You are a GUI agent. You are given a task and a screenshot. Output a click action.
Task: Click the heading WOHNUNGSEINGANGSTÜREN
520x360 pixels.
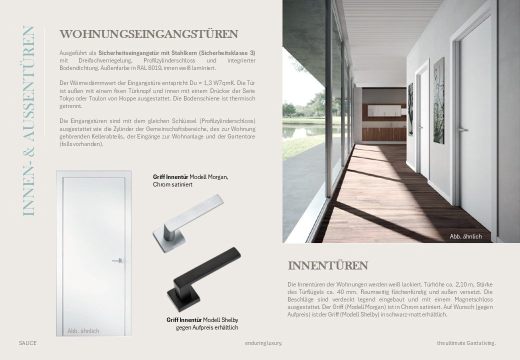tap(148, 34)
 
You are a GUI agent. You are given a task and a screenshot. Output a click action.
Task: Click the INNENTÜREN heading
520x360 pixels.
tap(327, 265)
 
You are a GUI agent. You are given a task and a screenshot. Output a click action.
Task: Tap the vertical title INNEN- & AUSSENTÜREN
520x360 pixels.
tap(29, 121)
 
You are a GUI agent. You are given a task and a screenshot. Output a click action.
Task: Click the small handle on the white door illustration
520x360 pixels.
tap(118, 260)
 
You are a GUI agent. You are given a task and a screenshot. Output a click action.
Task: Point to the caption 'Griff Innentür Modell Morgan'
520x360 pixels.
tap(190, 177)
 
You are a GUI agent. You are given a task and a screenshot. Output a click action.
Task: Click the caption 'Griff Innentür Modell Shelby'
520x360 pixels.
tap(202, 320)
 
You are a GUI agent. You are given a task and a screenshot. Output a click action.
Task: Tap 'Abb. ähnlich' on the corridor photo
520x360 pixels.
tap(465, 236)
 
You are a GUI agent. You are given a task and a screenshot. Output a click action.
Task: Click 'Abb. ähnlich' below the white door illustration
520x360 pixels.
tap(83, 331)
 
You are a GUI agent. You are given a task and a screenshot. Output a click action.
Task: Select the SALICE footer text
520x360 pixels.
tap(27, 343)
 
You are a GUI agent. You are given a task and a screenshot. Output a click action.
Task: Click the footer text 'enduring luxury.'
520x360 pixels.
tap(263, 343)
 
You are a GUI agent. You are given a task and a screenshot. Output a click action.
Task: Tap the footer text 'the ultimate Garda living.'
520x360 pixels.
tap(466, 343)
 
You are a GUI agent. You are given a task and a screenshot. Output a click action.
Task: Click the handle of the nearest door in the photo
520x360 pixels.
tap(462, 129)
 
